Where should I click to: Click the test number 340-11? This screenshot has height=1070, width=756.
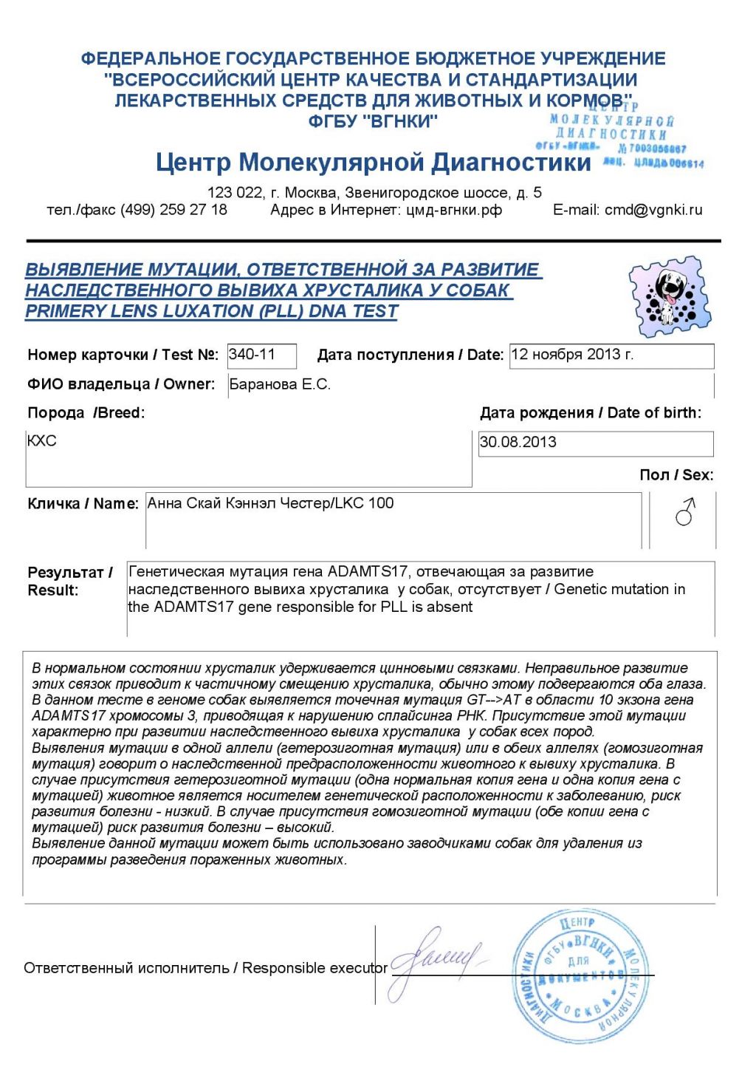pyautogui.click(x=252, y=355)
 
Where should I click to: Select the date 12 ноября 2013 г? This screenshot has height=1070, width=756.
pyautogui.click(x=572, y=355)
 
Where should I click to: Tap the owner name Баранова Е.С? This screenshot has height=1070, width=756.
pyautogui.click(x=280, y=384)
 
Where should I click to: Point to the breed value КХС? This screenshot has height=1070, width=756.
pyautogui.click(x=41, y=441)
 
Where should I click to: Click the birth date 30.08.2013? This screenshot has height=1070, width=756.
pyautogui.click(x=518, y=443)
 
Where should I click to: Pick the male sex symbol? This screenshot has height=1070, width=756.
pyautogui.click(x=685, y=511)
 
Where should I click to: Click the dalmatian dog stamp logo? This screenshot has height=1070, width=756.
pyautogui.click(x=670, y=296)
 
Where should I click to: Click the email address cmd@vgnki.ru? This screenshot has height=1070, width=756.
pyautogui.click(x=653, y=210)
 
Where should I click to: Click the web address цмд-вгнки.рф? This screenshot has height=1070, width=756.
pyautogui.click(x=454, y=210)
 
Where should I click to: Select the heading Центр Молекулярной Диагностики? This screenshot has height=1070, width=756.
pyautogui.click(x=373, y=162)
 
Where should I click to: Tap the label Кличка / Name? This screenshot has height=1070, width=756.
pyautogui.click(x=83, y=504)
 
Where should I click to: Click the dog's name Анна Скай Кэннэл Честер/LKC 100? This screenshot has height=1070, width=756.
pyautogui.click(x=270, y=503)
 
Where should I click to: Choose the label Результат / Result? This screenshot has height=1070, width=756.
pyautogui.click(x=69, y=581)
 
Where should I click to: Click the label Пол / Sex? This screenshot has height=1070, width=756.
pyautogui.click(x=676, y=475)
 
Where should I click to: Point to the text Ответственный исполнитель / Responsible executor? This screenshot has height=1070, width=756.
pyautogui.click(x=205, y=968)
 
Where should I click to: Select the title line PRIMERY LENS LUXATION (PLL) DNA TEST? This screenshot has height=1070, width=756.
pyautogui.click(x=211, y=311)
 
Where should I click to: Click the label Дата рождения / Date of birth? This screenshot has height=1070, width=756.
pyautogui.click(x=591, y=413)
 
